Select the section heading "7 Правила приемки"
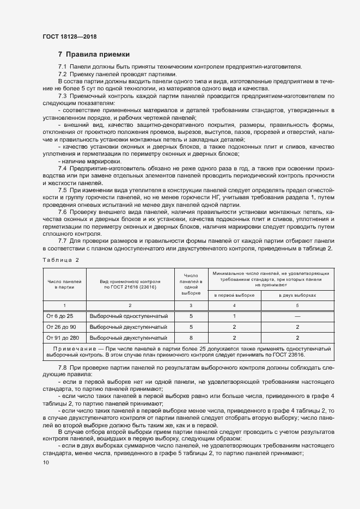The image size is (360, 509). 94,54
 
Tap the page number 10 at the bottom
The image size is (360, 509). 45,462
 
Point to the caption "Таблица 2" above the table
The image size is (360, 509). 60,260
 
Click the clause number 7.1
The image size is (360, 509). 62,66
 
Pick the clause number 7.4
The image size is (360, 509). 62,168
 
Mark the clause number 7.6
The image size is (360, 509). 62,211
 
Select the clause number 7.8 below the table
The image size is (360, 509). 62,369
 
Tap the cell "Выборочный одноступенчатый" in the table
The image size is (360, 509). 128,316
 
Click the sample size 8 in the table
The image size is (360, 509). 191,338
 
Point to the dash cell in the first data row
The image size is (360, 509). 297,316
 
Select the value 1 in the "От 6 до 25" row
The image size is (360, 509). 234,316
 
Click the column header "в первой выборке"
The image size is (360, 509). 234,295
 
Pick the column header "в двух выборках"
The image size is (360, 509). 297,295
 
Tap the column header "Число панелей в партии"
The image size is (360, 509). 64,283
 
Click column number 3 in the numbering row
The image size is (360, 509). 191,305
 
